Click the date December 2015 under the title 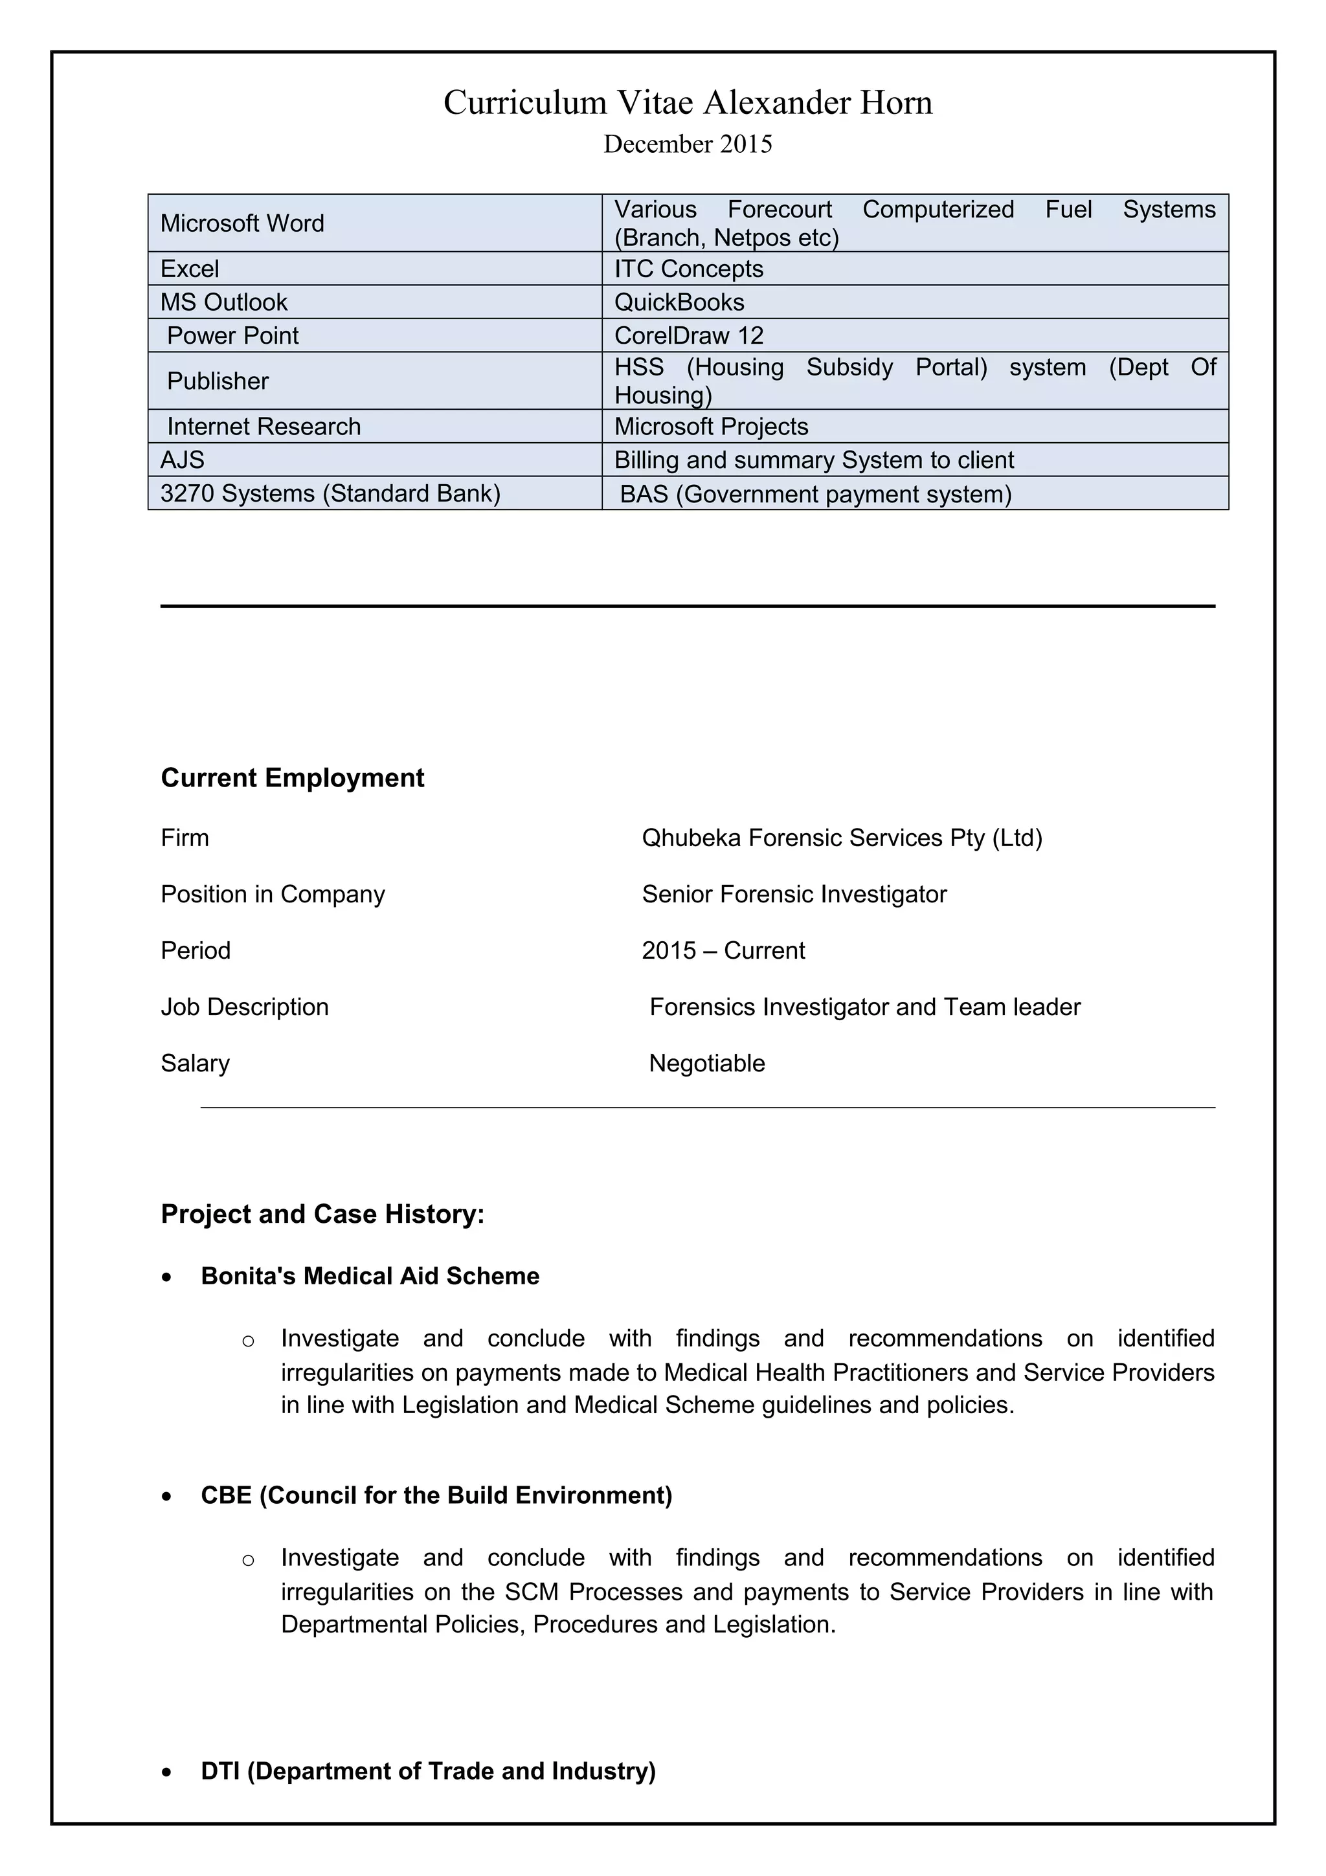687,144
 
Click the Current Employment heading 293,778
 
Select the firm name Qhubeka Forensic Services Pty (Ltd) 842,838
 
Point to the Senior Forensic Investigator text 794,895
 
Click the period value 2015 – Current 723,951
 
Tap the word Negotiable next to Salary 707,1064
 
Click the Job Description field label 244,1007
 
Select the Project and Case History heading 322,1214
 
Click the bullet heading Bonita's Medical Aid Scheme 370,1277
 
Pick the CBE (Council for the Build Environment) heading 436,1495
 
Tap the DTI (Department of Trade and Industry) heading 428,1770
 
